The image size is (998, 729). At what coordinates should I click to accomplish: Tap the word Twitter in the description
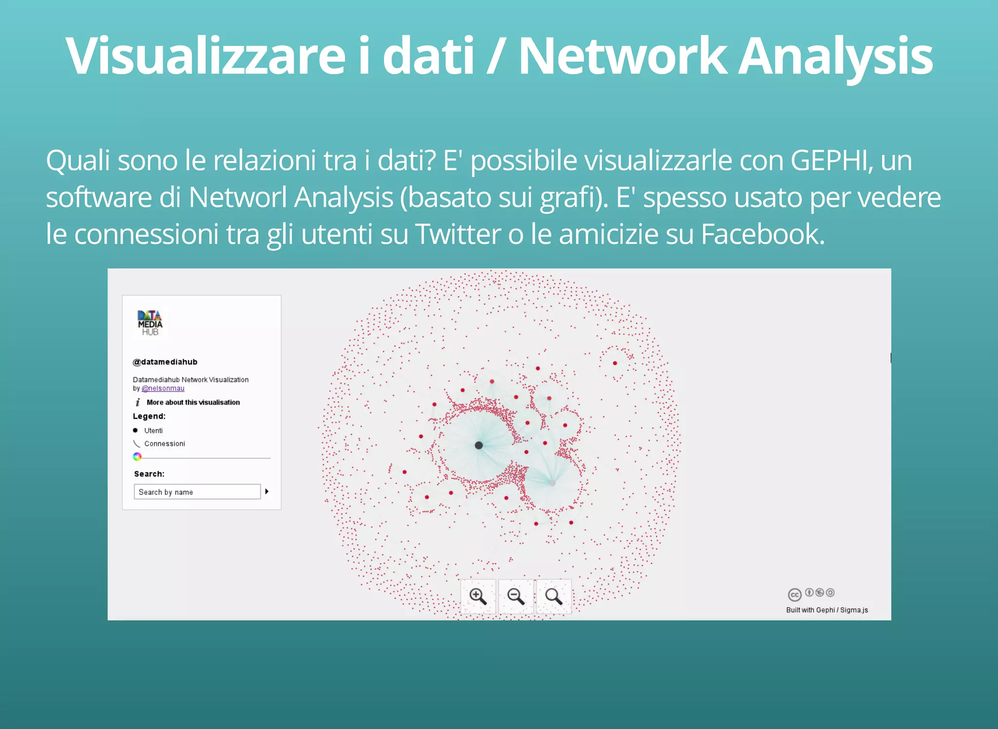coord(459,234)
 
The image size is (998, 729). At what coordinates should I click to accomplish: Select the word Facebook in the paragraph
coord(762,234)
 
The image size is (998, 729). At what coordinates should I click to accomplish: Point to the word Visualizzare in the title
coord(205,56)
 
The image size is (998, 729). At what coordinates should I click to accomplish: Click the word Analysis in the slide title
coord(835,56)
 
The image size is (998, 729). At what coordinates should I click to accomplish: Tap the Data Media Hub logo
coord(150,323)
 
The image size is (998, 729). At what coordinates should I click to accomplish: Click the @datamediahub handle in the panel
coord(165,362)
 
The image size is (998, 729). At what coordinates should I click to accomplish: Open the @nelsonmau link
coord(163,389)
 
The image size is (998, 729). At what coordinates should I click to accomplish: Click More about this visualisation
coord(193,402)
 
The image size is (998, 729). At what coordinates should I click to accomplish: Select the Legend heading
coord(149,416)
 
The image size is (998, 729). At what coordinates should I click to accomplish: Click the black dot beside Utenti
coord(135,431)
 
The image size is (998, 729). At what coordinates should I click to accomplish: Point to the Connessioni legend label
coord(165,444)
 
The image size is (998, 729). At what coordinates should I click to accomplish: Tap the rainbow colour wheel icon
coord(137,456)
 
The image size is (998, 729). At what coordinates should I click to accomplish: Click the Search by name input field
coord(197,492)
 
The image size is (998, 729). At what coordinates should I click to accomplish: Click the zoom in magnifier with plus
coord(478,596)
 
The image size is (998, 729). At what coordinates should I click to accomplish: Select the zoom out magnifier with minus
coord(516,596)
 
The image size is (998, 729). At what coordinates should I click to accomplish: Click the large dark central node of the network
coord(479,445)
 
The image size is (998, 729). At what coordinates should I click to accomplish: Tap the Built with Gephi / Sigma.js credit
coord(827,610)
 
